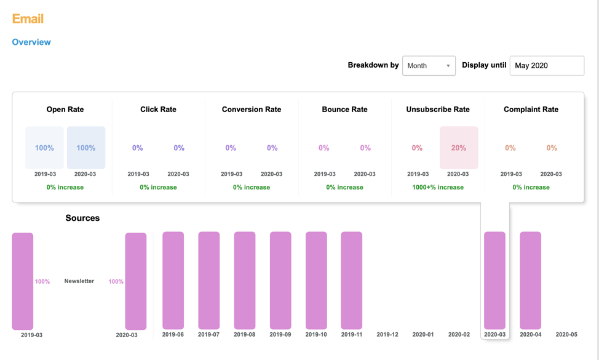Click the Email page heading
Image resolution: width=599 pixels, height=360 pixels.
[28, 18]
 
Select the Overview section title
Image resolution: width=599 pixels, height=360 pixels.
[31, 42]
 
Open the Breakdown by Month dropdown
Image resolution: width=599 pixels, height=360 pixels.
[429, 66]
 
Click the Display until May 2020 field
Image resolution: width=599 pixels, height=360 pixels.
[546, 66]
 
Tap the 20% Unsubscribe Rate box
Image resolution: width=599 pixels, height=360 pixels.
[458, 148]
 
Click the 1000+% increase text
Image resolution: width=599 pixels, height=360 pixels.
[438, 187]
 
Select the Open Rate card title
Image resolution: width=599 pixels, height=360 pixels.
[65, 110]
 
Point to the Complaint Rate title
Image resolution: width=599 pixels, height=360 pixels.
[531, 110]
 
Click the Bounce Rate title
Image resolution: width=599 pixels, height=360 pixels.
[344, 110]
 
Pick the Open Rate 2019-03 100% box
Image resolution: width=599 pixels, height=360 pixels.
[44, 148]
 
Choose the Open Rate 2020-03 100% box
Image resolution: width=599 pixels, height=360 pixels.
[85, 148]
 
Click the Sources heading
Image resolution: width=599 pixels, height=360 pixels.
[82, 218]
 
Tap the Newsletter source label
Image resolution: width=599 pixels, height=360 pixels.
[79, 281]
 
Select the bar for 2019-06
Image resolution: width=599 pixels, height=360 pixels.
[173, 281]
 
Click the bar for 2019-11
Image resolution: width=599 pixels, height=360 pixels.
[352, 281]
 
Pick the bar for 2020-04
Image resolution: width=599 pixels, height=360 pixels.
[530, 281]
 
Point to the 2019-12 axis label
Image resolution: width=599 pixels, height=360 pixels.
[387, 335]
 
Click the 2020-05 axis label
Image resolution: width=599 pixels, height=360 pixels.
[566, 335]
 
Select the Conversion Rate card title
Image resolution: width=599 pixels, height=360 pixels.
[252, 110]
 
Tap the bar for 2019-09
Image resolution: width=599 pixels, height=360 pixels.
[280, 281]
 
